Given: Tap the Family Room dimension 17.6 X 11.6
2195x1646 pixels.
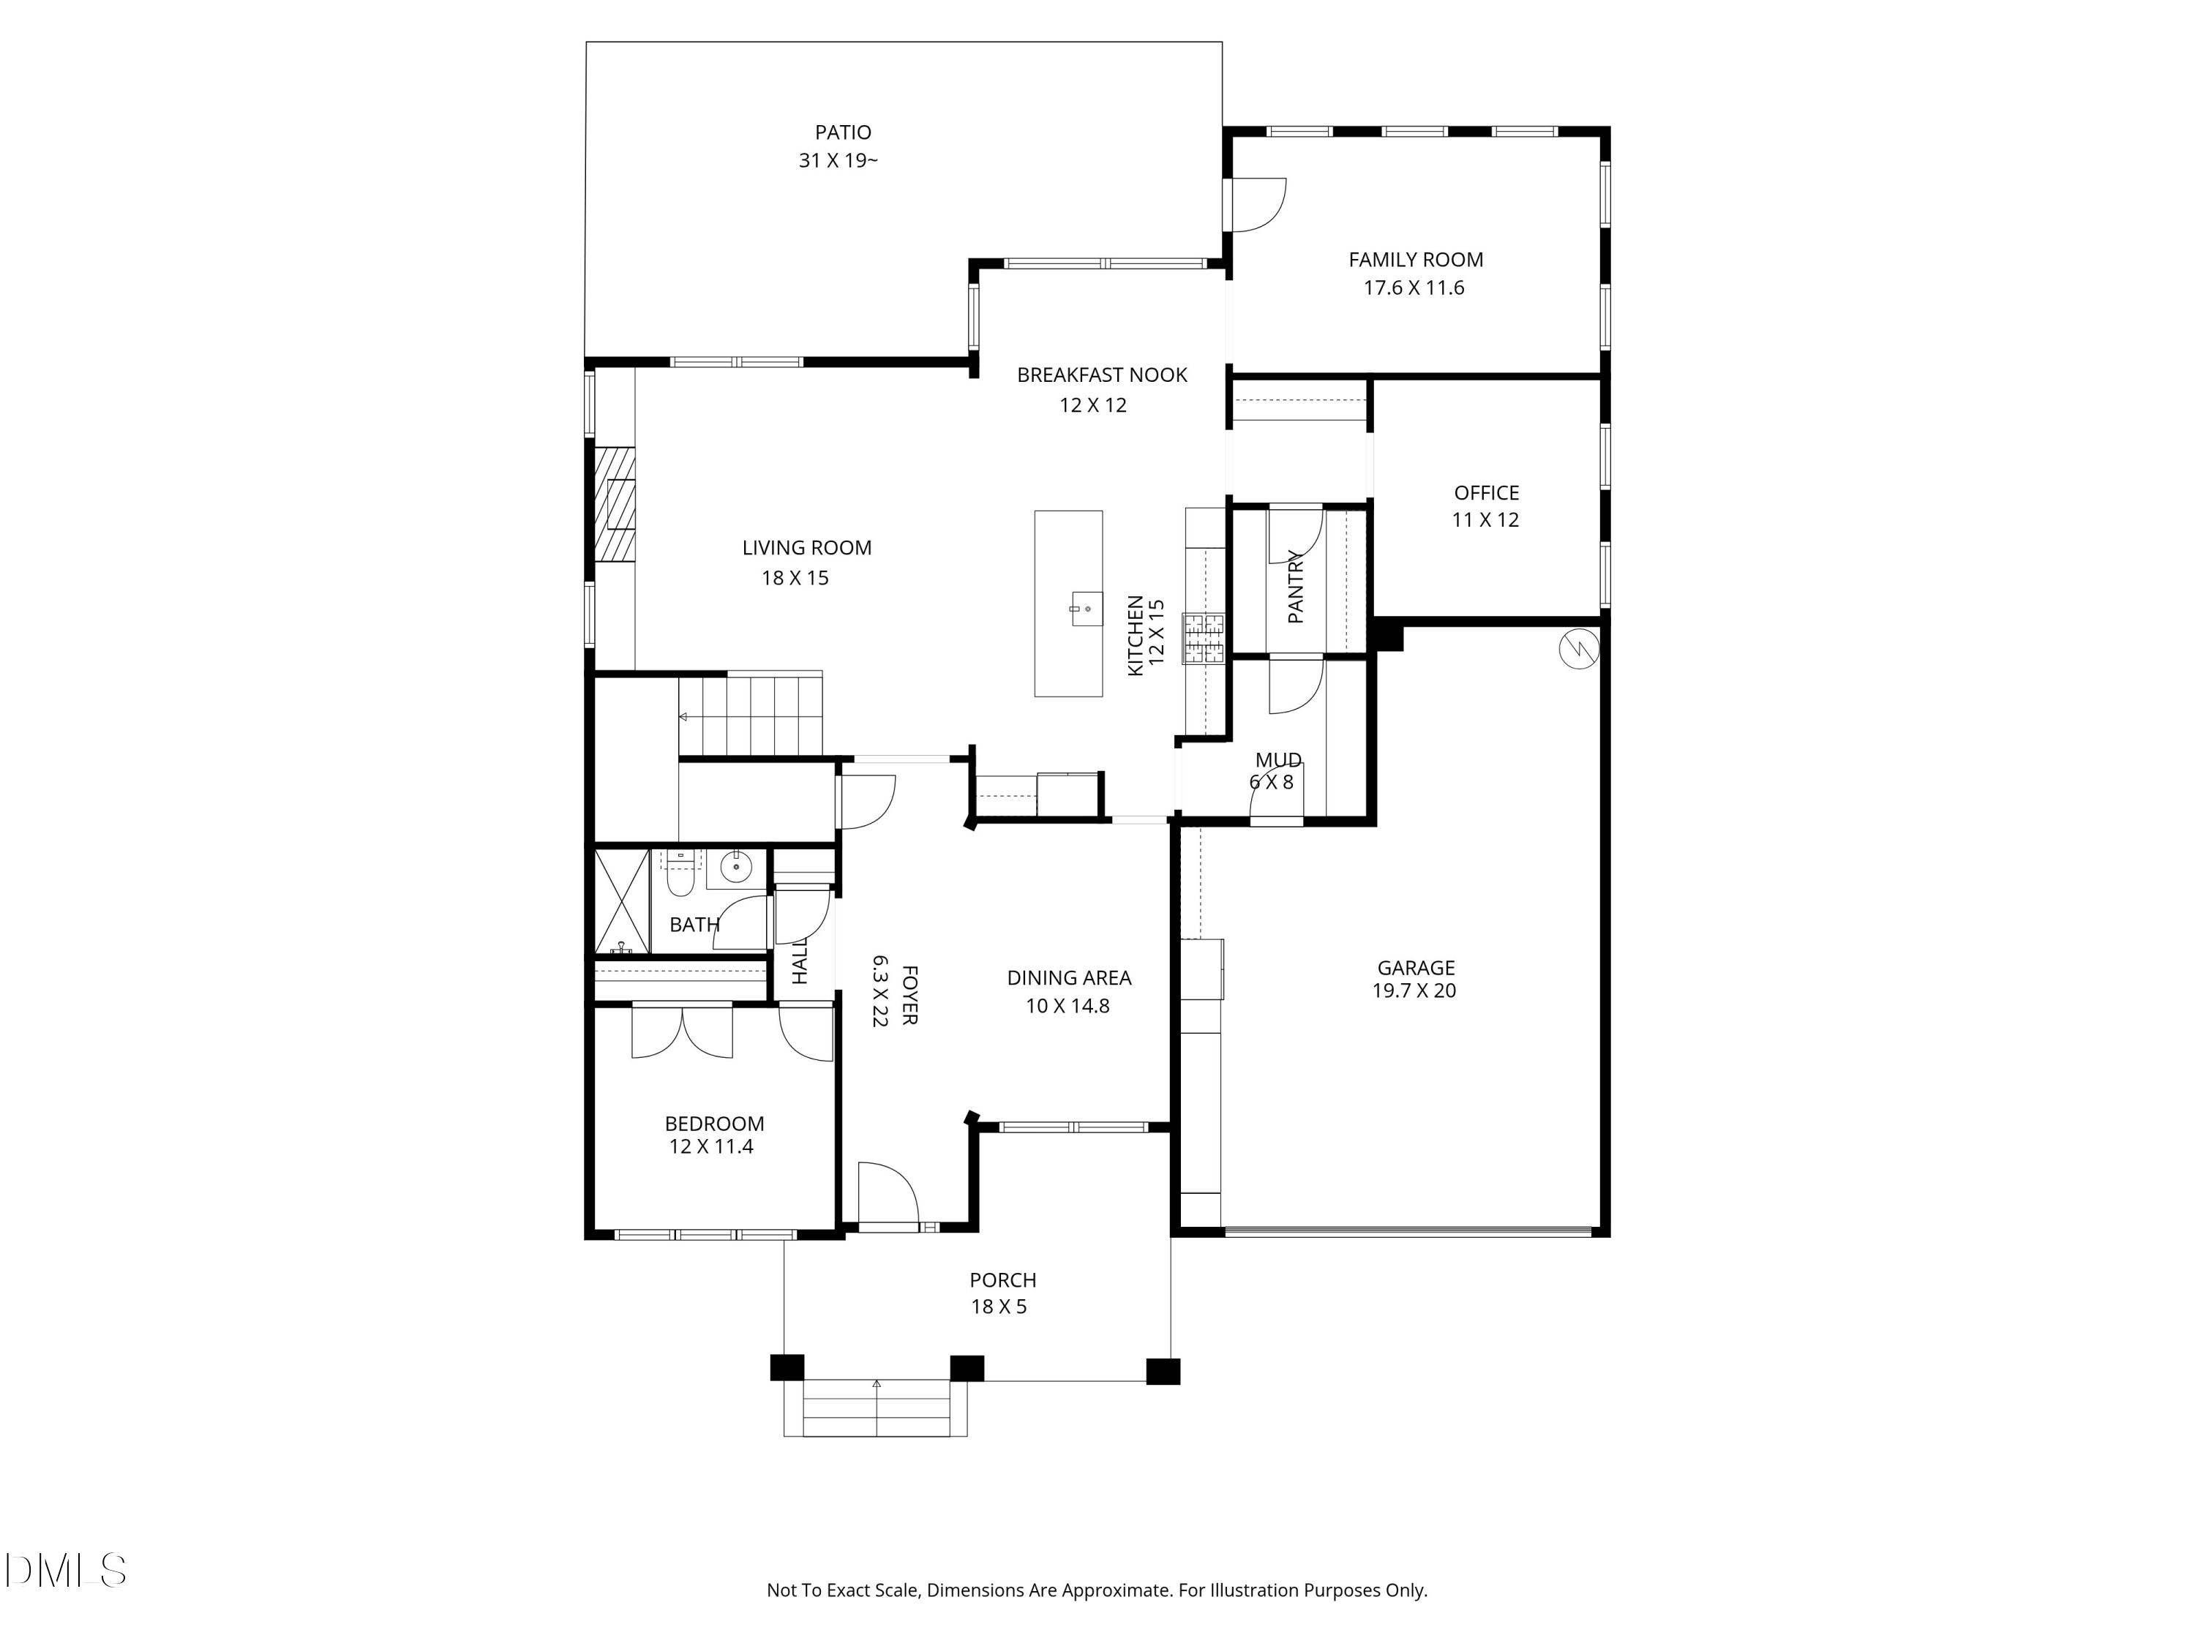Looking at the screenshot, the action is point(1414,288).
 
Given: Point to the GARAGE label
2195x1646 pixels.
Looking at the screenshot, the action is point(1416,967).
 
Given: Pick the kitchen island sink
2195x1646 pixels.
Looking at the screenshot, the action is point(1087,608).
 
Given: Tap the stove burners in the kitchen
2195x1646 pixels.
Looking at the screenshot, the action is point(1203,638).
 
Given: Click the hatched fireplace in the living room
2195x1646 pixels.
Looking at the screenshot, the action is point(615,505).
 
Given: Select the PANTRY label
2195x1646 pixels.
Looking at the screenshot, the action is point(1295,587).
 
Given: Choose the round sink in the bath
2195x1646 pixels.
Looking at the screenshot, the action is point(736,866).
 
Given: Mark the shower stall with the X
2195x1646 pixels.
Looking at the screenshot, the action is point(621,901).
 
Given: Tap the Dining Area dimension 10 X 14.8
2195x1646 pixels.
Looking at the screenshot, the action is point(1068,1006).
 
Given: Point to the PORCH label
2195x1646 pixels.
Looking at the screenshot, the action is point(1003,1281).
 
